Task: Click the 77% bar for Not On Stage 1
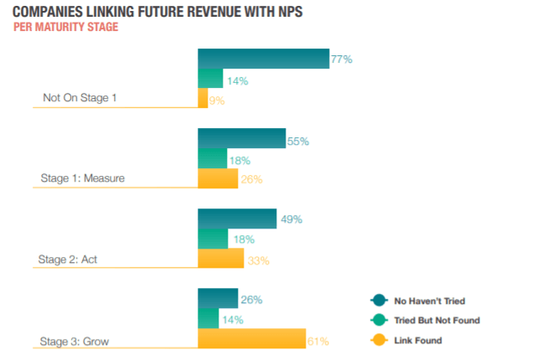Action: coord(263,59)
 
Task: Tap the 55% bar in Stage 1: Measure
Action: coord(241,139)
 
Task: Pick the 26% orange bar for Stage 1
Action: coord(218,178)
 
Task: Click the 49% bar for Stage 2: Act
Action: coord(237,219)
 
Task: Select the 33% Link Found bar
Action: coord(221,259)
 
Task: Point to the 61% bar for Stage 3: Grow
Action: coord(252,339)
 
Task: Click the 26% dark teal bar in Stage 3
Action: coord(218,299)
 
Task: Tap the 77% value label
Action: coord(341,59)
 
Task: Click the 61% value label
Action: coord(318,341)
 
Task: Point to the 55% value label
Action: coord(298,141)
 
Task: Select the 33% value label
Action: coord(258,260)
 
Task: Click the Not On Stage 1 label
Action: coord(80,99)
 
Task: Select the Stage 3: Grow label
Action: coord(75,340)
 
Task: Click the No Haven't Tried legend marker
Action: coord(379,301)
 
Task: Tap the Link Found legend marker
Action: coord(379,339)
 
